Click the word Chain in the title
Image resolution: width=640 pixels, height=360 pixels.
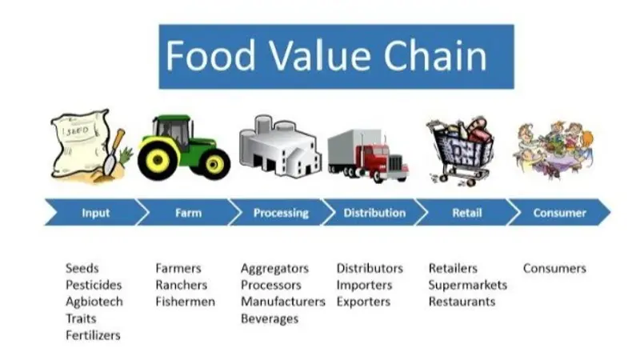(x=435, y=55)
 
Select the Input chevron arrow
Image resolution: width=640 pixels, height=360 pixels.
(x=96, y=212)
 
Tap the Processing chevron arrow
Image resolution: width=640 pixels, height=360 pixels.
(x=282, y=212)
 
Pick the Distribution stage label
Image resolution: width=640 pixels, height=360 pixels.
(x=374, y=213)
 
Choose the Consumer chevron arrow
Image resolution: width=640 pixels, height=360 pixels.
(x=559, y=212)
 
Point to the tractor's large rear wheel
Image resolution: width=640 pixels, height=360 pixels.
(x=157, y=160)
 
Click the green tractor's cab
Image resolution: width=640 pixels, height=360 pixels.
(x=173, y=130)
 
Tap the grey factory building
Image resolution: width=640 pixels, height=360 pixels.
(x=278, y=146)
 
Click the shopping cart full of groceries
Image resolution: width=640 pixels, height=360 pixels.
(x=461, y=150)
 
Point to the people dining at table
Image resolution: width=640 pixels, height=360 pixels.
(x=554, y=150)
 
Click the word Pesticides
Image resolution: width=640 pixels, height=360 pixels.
(x=94, y=285)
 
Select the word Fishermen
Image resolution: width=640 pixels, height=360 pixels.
(x=186, y=302)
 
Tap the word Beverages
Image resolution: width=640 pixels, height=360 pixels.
(x=270, y=318)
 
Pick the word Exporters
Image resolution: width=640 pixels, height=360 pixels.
(x=363, y=302)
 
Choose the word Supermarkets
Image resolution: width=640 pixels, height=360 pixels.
(x=468, y=285)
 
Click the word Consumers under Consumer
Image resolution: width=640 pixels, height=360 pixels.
(x=554, y=268)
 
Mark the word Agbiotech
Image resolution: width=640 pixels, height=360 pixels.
(x=94, y=302)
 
